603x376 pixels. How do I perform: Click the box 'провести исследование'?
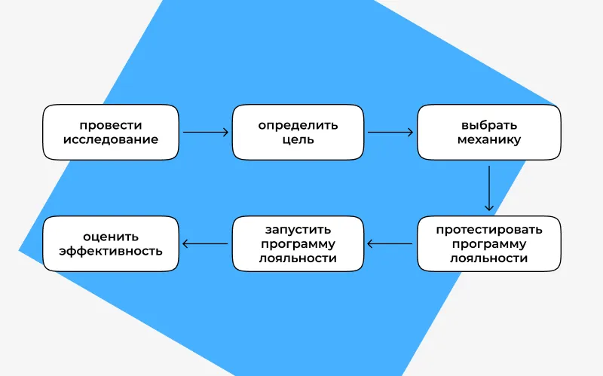point(111,133)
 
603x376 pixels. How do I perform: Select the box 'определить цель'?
point(298,133)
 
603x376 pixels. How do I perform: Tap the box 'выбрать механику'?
point(488,133)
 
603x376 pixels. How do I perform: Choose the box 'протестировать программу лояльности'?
point(488,243)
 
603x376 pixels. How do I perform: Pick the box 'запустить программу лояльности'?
point(298,243)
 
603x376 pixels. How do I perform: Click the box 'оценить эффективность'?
point(111,243)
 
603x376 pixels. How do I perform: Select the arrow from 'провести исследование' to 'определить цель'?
point(206,133)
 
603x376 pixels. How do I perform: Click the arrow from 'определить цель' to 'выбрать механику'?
point(390,133)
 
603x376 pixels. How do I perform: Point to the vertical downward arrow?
point(488,188)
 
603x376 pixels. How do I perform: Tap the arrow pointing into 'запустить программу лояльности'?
point(390,243)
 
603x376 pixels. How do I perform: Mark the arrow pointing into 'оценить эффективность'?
point(205,243)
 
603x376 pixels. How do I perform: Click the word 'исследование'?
point(111,139)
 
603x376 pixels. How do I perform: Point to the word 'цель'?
point(298,140)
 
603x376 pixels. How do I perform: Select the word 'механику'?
point(488,140)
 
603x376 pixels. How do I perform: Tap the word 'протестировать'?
point(488,230)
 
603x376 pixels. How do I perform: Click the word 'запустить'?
point(298,230)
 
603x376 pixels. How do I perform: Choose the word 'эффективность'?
point(111,251)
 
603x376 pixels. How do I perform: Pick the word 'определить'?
point(298,126)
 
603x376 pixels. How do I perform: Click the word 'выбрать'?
point(488,125)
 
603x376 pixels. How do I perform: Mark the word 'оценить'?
point(111,237)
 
